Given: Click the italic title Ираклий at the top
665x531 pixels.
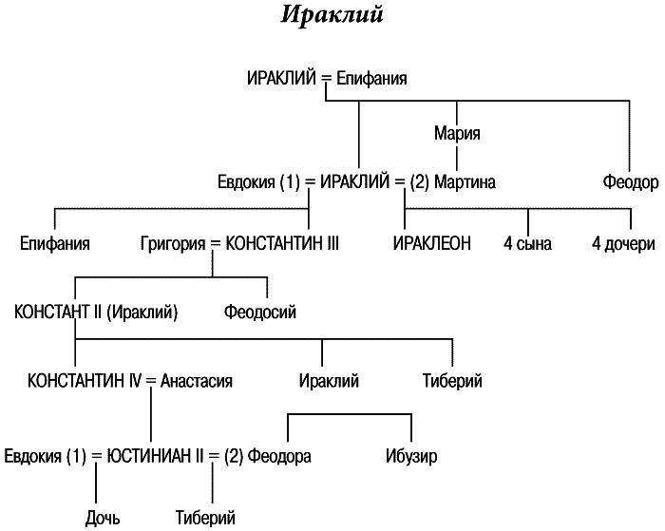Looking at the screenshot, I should click(332, 17).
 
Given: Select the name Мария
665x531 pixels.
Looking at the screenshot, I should click(456, 133).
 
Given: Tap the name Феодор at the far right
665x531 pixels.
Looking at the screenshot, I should click(630, 180).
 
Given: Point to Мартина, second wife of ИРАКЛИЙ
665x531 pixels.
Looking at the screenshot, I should click(465, 180).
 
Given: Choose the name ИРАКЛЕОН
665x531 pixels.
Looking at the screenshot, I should click(432, 243).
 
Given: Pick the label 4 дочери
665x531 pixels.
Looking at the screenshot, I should click(622, 243).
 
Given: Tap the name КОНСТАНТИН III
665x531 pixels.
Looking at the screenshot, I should click(280, 243).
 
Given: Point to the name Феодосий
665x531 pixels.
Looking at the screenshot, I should click(261, 311).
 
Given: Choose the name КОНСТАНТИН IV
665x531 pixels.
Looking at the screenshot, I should click(84, 381).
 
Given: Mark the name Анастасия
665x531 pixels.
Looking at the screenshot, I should click(197, 381).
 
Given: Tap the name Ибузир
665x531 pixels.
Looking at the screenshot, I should click(411, 455).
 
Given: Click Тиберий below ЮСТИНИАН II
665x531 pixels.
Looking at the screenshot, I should click(205, 518).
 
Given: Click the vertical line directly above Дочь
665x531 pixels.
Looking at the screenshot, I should click(96, 486).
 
